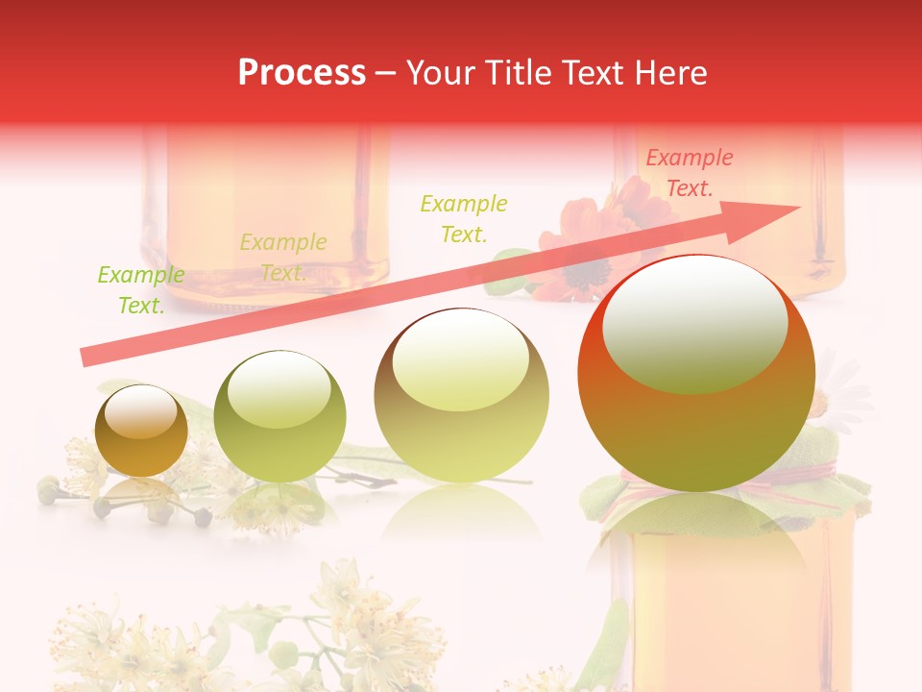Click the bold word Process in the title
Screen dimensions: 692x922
[302, 73]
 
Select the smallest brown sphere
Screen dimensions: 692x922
[141, 432]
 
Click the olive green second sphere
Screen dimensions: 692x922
[279, 418]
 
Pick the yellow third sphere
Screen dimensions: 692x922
[462, 396]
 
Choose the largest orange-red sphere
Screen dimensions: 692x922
[696, 375]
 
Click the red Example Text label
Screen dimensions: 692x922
[690, 173]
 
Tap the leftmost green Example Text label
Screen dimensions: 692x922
[141, 290]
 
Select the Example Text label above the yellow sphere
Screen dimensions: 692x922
[464, 218]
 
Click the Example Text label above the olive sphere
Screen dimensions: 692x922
[283, 257]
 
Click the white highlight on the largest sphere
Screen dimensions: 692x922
[694, 324]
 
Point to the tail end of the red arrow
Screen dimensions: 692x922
[85, 358]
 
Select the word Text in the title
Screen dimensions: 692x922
[592, 73]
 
